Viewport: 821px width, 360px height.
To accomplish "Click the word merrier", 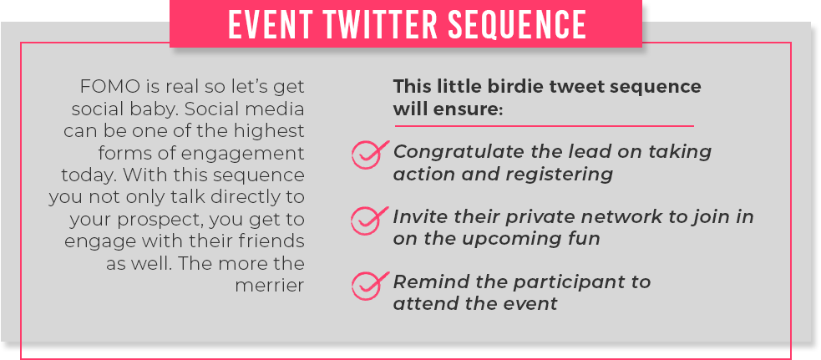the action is (x=270, y=286).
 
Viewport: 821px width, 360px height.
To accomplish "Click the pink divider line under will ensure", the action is (x=544, y=126).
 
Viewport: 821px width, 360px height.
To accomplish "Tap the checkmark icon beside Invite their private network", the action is (x=368, y=220).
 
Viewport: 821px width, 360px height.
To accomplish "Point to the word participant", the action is (x=563, y=282).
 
